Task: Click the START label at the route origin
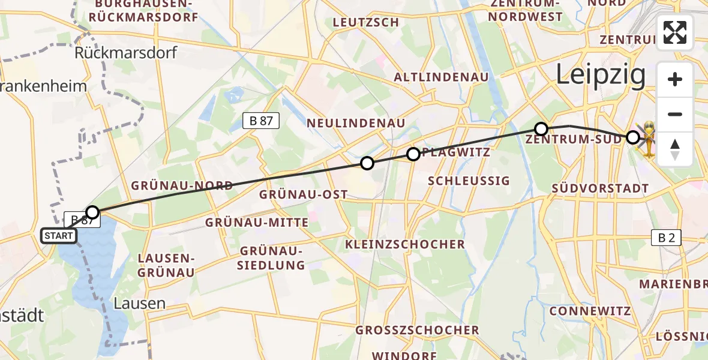pos(58,236)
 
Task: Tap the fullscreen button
pos(675,32)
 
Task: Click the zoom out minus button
pos(675,114)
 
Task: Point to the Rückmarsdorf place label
pos(126,53)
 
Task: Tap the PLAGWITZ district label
pos(456,152)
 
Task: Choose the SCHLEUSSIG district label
pos(469,181)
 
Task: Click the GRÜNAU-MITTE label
pos(257,223)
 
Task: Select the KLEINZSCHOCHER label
pos(405,244)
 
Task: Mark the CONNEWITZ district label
pos(590,311)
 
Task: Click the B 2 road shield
pos(666,237)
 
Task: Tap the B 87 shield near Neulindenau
pos(261,121)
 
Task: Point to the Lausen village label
pos(143,303)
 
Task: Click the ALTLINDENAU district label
pos(441,77)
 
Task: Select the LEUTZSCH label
pos(365,23)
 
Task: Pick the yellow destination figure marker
pos(649,138)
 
